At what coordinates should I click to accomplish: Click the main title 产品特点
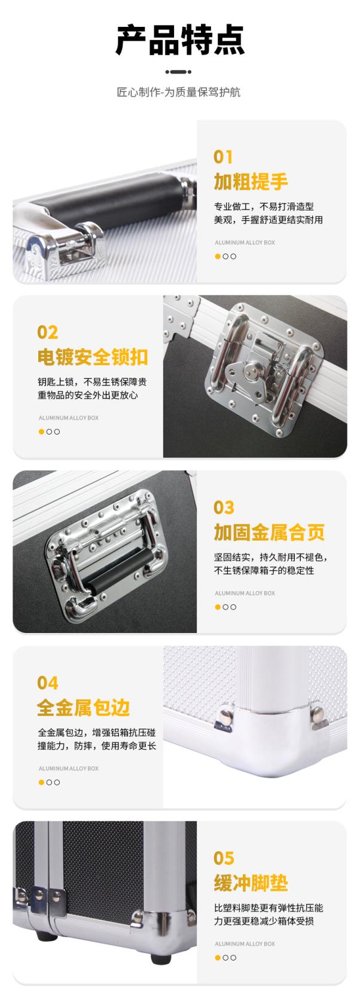pos(180,41)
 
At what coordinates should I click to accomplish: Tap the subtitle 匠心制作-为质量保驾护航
pos(178,92)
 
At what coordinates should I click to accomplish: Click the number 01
pos(223,157)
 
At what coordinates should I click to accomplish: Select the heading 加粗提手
pos(251,182)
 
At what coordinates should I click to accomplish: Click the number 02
pos(47,332)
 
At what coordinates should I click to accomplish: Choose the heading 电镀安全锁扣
pos(93,357)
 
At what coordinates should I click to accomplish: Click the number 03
pos(224,508)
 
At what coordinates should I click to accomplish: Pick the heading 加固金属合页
pos(269,532)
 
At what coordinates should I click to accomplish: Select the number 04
pos(48,683)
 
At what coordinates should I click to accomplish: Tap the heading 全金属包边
pos(84,708)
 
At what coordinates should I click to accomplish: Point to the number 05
pos(224,858)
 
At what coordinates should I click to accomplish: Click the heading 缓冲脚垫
pos(251,883)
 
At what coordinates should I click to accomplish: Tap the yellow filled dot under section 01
pos(218,256)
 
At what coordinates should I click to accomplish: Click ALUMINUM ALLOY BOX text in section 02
pos(69,418)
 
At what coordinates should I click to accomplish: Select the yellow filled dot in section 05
pos(218,958)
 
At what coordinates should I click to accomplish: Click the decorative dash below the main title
pos(178,72)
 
